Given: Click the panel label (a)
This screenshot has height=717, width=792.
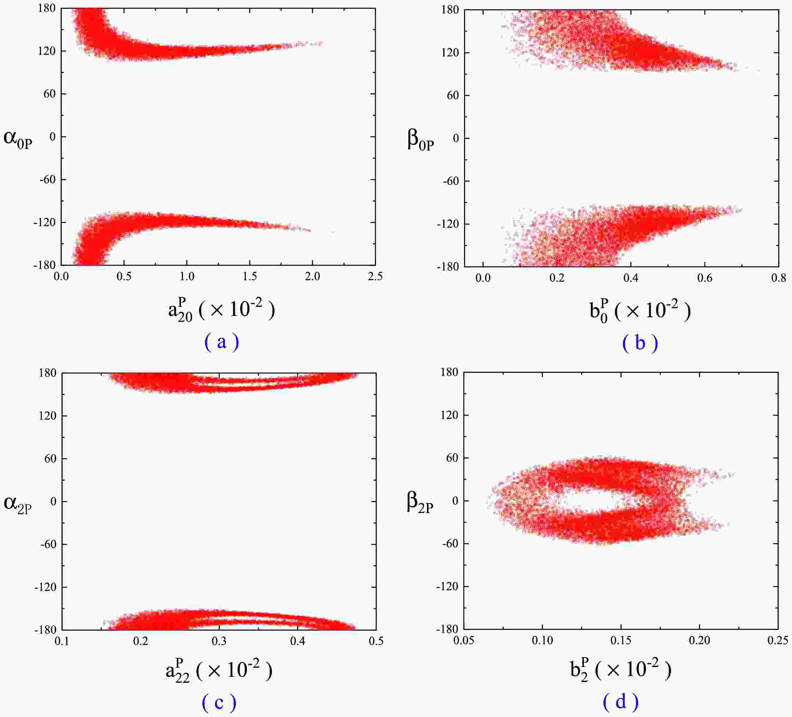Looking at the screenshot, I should point(222,342).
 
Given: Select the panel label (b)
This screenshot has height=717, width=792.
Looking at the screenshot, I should point(640,343).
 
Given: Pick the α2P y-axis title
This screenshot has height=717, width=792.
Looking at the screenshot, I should point(18,504).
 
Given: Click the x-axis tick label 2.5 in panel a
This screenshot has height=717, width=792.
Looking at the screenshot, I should point(375,276).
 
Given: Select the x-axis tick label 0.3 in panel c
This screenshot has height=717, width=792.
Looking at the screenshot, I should point(219,641).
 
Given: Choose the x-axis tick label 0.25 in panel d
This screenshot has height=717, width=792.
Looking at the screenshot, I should point(777,640).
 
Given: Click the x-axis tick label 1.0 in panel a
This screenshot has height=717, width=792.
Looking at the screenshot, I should point(187,276).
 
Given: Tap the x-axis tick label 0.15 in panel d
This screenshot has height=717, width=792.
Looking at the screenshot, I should point(621,640).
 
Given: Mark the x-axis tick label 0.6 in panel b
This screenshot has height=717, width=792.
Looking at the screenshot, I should point(704,278).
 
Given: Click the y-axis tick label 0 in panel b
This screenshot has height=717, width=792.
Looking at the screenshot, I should point(456,138).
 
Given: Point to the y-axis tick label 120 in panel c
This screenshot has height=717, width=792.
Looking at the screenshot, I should point(48,416).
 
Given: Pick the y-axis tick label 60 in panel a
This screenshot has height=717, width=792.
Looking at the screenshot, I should point(50,94).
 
